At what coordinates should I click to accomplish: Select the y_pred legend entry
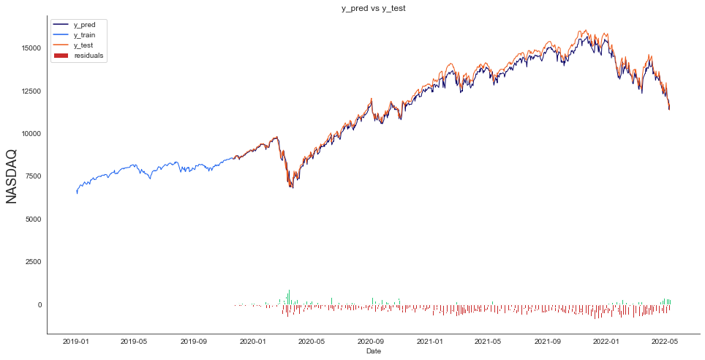click(x=85, y=25)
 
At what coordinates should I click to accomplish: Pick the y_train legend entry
click(x=86, y=35)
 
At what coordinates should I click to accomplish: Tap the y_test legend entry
click(x=84, y=45)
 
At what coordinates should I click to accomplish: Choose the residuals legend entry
click(x=88, y=56)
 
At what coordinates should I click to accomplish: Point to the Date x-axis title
click(x=373, y=352)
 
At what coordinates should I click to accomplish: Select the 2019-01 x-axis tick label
click(x=75, y=341)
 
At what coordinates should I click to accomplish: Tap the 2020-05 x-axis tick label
click(x=311, y=341)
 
